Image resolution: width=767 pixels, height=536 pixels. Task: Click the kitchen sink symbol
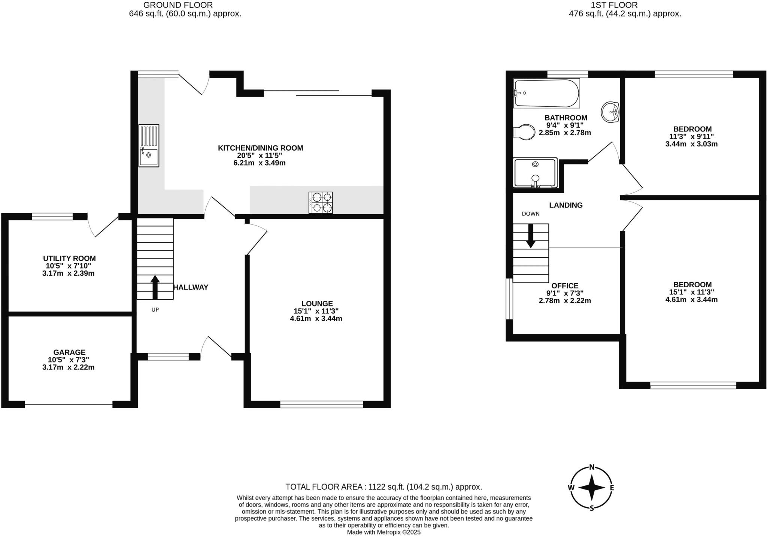tap(149, 146)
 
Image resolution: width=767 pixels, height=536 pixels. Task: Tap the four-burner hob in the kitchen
tap(321, 203)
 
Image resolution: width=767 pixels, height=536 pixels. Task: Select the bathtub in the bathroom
tap(546, 93)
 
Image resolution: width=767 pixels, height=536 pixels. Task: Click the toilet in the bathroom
tap(525, 132)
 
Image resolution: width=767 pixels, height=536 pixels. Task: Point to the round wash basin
tap(610, 112)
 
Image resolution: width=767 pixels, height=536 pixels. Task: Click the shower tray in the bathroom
tap(535, 173)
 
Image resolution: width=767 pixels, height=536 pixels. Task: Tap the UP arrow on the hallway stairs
tap(155, 287)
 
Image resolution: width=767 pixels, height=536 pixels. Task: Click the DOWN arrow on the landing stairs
tap(530, 236)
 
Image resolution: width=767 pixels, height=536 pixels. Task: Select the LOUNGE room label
tap(317, 303)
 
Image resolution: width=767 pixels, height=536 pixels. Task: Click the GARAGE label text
tap(69, 352)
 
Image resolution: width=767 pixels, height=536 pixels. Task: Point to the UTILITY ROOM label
tap(69, 258)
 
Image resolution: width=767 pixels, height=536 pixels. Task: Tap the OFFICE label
tap(565, 285)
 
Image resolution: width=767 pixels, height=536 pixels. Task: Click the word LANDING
tap(566, 205)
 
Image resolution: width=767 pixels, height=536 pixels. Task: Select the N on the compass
tap(592, 467)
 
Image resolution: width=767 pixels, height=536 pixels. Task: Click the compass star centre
tap(592, 488)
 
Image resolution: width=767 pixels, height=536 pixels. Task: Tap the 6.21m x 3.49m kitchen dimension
tap(259, 163)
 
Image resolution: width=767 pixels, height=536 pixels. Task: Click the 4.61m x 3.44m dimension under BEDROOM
tap(691, 299)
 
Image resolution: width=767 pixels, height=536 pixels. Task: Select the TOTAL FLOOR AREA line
tap(383, 487)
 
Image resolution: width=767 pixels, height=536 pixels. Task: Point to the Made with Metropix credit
tap(383, 532)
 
